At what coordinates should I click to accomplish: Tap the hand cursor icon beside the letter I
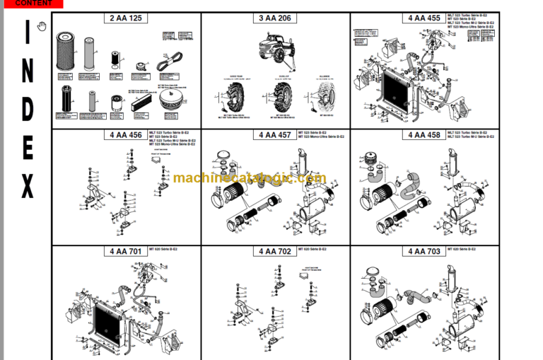coord(42,27)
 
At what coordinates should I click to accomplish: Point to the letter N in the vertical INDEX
coord(27,71)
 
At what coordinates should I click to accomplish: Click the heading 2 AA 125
coord(127,18)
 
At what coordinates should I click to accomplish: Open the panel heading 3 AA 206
coord(276,18)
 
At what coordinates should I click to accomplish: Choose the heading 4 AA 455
coord(424,18)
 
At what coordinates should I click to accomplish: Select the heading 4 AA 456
coord(127,134)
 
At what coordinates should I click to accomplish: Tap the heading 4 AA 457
coord(276,134)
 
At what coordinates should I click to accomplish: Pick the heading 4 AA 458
coord(424,134)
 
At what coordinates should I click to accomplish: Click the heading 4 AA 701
coord(127,251)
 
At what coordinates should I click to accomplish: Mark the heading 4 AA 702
coord(276,251)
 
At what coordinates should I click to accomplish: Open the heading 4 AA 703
coord(424,251)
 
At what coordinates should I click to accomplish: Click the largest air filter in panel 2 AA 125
coord(66,54)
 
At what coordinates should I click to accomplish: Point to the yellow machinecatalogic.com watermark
coord(249,179)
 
